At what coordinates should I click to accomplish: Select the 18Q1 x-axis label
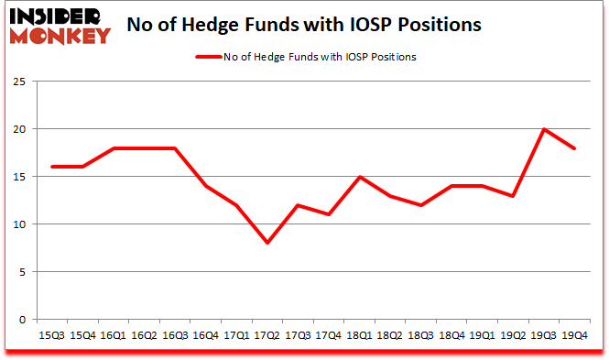pos(359,336)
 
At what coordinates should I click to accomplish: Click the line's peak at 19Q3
pos(545,129)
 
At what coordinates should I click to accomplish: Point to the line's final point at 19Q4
pos(576,147)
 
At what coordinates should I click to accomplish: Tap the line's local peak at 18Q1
pos(359,177)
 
